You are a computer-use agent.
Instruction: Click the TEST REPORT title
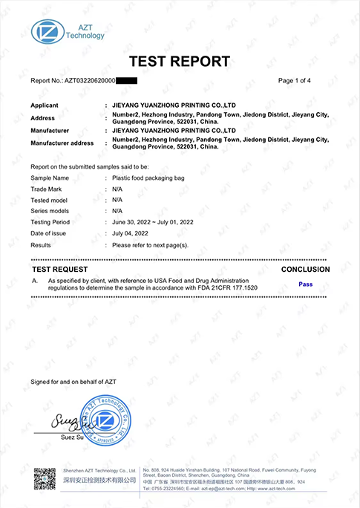click(180, 61)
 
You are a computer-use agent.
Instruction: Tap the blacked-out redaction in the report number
click(126, 80)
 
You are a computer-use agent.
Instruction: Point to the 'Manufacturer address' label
click(62, 143)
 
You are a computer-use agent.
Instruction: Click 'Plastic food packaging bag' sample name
click(148, 178)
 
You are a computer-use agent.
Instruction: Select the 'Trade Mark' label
click(48, 189)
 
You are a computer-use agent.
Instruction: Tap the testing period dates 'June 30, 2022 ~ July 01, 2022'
click(153, 222)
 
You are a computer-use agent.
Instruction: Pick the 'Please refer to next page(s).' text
click(150, 244)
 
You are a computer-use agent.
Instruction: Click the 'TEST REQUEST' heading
click(60, 269)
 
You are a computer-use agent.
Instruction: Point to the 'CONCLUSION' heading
click(306, 269)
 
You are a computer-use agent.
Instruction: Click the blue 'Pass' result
click(305, 284)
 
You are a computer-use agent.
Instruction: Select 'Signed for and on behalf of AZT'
click(73, 382)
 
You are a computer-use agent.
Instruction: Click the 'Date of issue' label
click(50, 233)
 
